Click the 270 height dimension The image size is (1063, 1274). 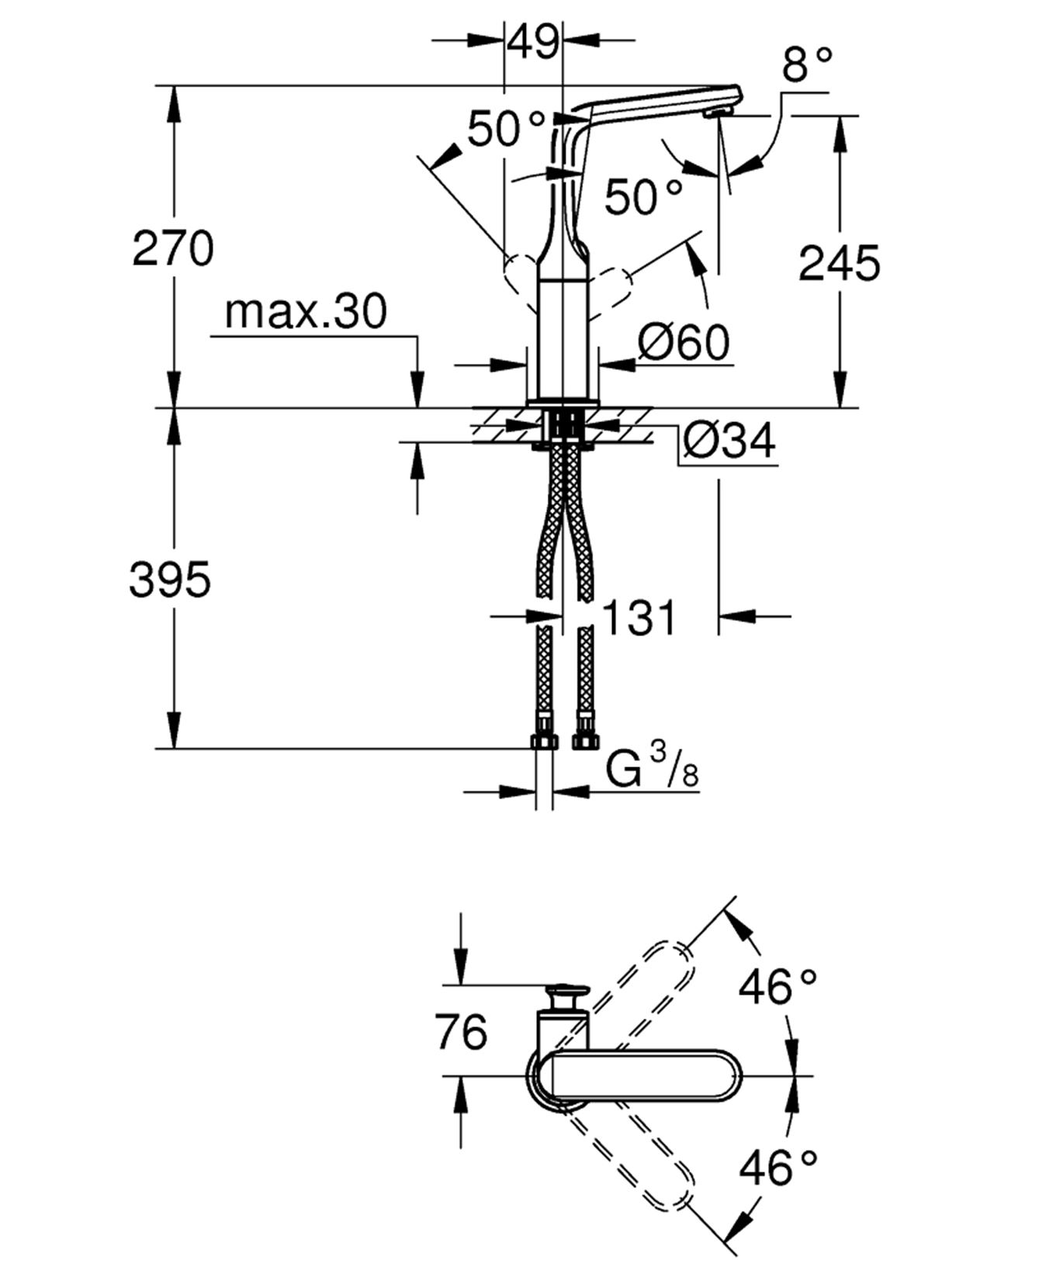point(172,249)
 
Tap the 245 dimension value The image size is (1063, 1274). point(839,263)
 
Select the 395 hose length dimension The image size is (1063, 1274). point(169,579)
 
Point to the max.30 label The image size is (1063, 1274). point(305,312)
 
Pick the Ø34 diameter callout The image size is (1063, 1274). point(729,441)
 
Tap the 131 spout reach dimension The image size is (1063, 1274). point(639,618)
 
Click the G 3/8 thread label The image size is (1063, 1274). point(652,770)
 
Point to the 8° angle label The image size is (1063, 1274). point(807,64)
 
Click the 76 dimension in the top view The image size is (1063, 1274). point(461,1031)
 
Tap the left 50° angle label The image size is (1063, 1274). point(505,129)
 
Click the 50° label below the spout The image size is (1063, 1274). point(643,196)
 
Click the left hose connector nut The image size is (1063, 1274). point(545,741)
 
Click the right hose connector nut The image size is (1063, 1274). point(584,741)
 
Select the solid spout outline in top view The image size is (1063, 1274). point(644,1075)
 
